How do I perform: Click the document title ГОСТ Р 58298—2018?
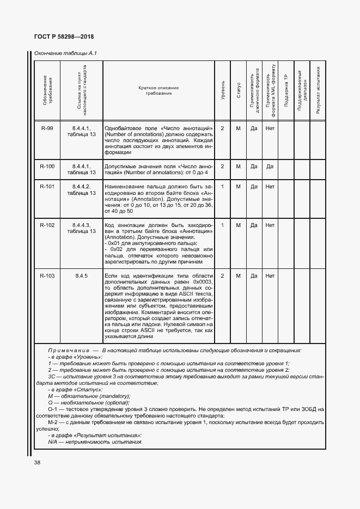59,36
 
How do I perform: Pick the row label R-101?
47,187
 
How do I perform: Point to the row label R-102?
47,225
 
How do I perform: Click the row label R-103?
47,276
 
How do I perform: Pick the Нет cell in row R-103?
270,276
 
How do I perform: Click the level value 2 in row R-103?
223,276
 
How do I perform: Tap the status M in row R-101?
239,187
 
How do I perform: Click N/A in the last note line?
53,442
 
